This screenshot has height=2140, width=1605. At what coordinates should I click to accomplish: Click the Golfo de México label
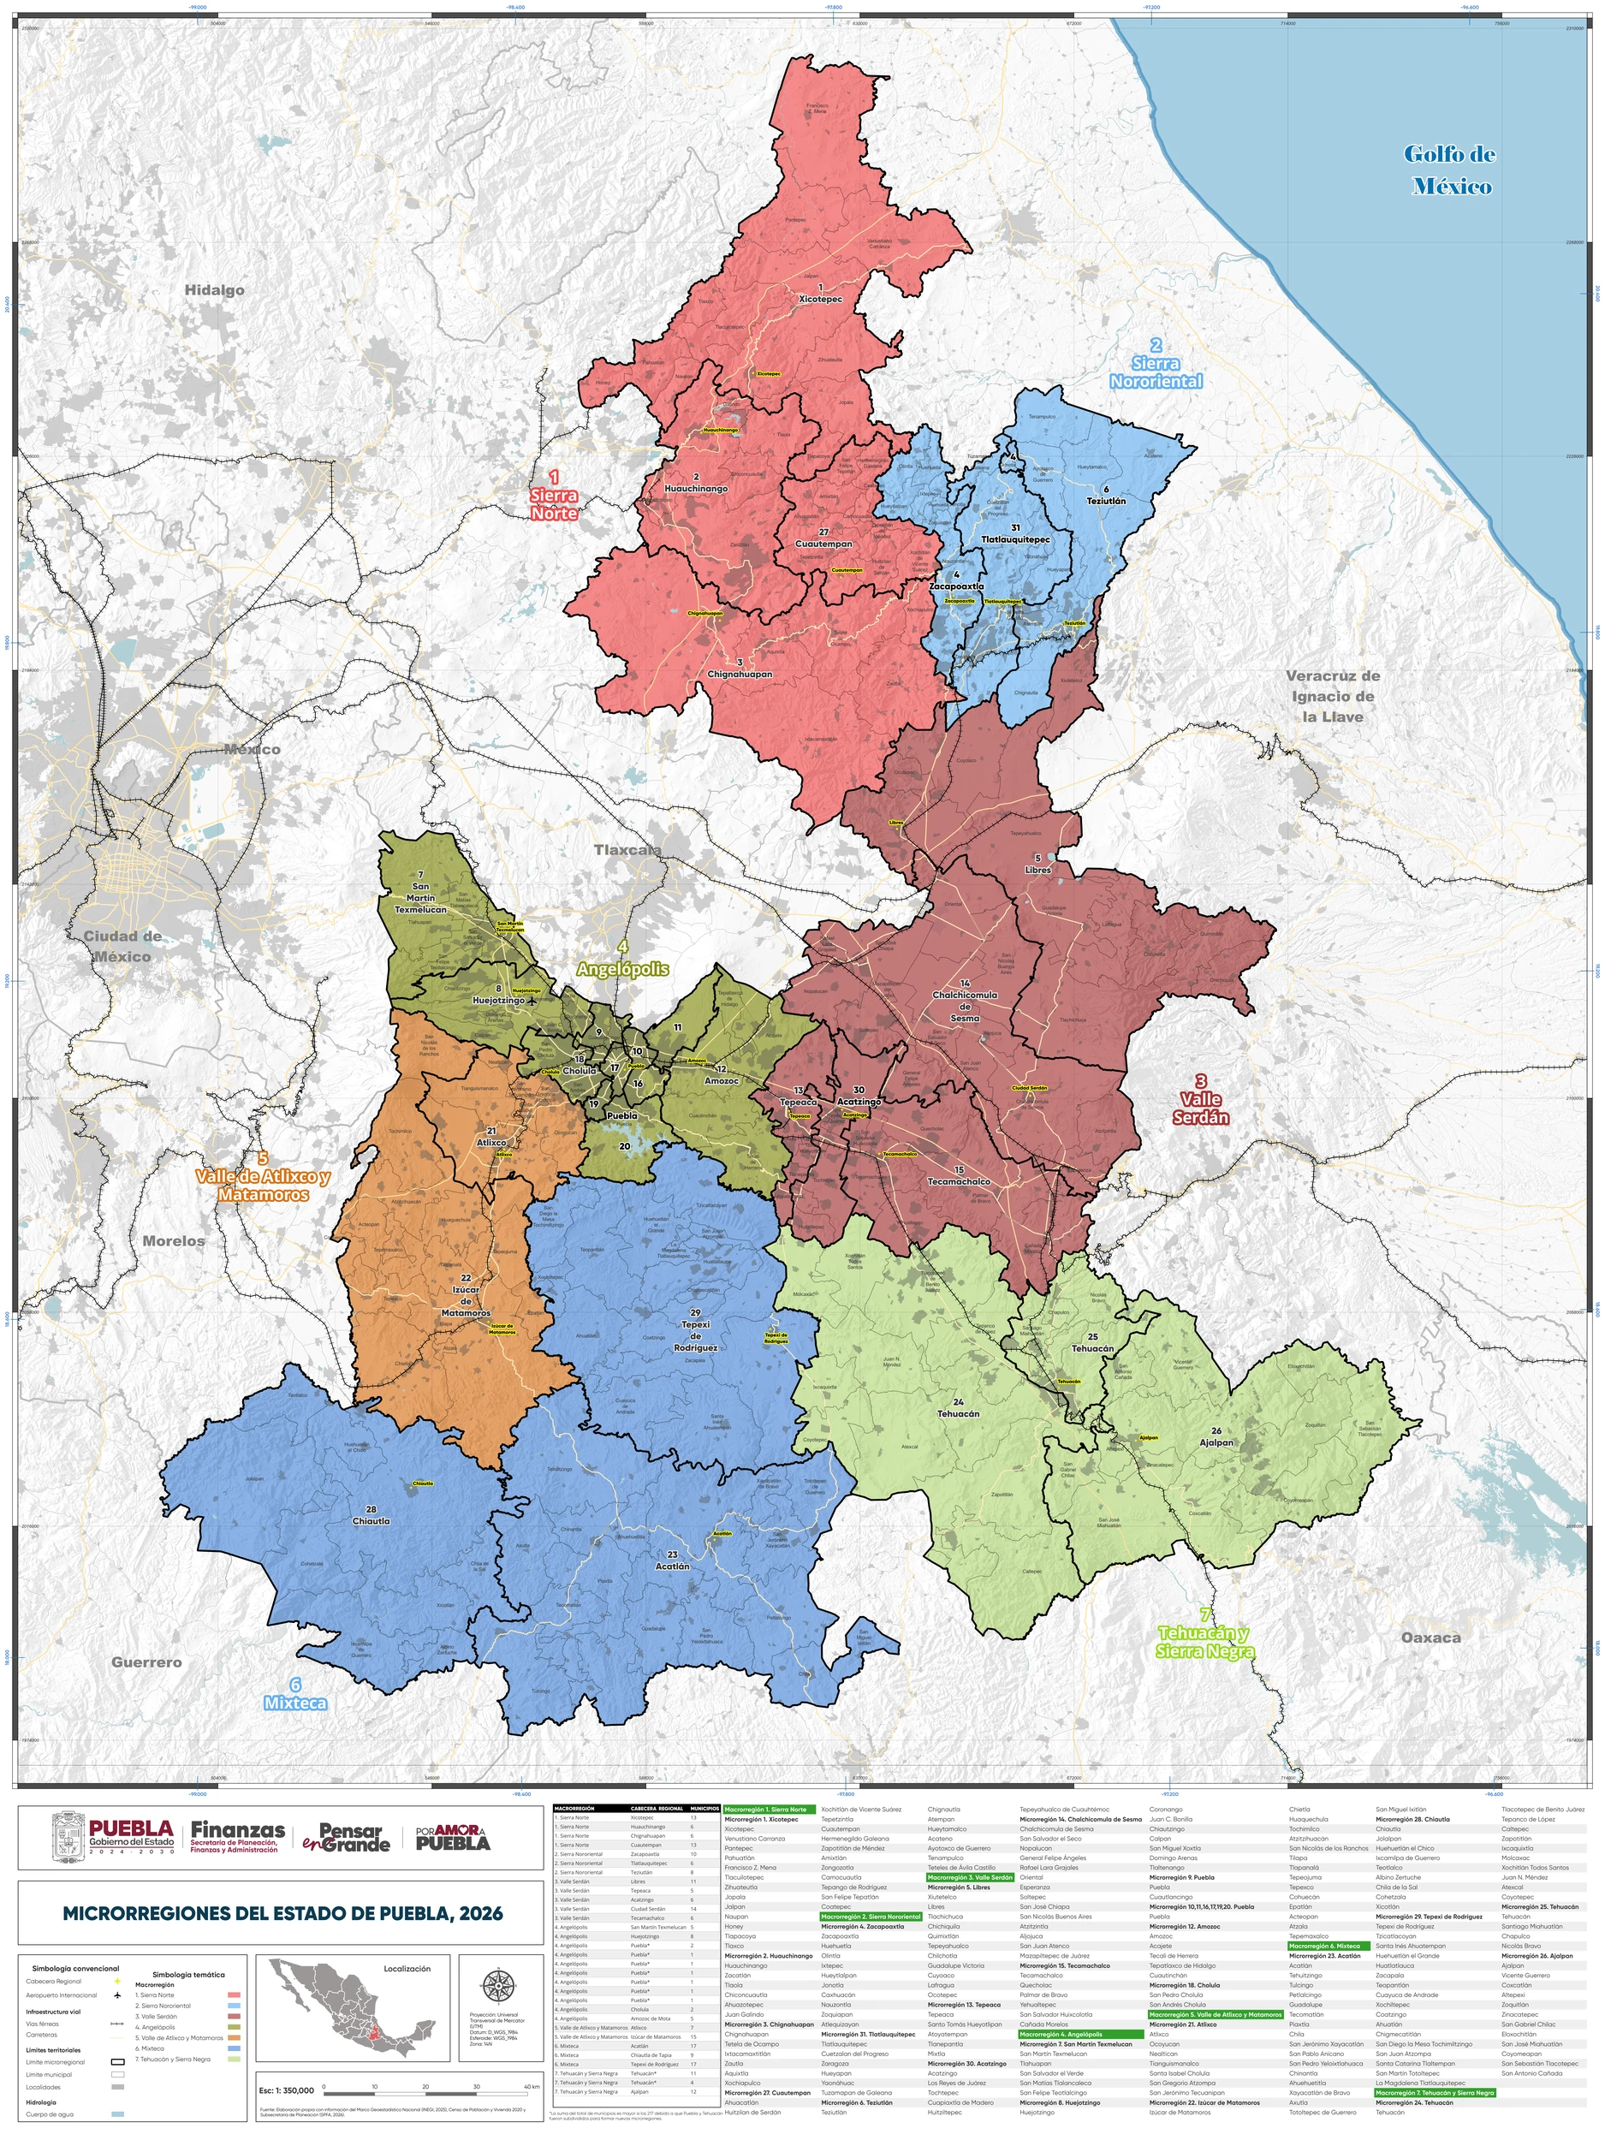[x=1448, y=170]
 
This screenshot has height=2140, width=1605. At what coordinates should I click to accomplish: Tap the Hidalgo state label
[x=215, y=290]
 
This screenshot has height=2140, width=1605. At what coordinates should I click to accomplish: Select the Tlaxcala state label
[x=627, y=849]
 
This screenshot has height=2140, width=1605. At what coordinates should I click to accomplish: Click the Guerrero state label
[x=146, y=1662]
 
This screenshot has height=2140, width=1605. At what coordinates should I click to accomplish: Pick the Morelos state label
[x=173, y=1241]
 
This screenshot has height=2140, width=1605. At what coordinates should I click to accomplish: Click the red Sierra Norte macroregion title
[x=553, y=495]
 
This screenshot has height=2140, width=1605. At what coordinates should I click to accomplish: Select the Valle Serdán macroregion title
[x=1201, y=1100]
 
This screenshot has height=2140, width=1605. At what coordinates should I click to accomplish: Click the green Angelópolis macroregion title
[x=622, y=959]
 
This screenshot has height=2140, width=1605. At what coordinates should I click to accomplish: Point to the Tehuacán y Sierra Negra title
[x=1204, y=1634]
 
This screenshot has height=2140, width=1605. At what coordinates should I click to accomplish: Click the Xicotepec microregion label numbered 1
[x=820, y=294]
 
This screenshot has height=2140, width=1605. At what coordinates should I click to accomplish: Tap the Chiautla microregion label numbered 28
[x=371, y=1515]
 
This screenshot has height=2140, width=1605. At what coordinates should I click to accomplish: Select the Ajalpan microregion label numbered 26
[x=1216, y=1436]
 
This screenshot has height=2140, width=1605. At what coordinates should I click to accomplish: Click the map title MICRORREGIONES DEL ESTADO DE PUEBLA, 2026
[x=282, y=1912]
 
